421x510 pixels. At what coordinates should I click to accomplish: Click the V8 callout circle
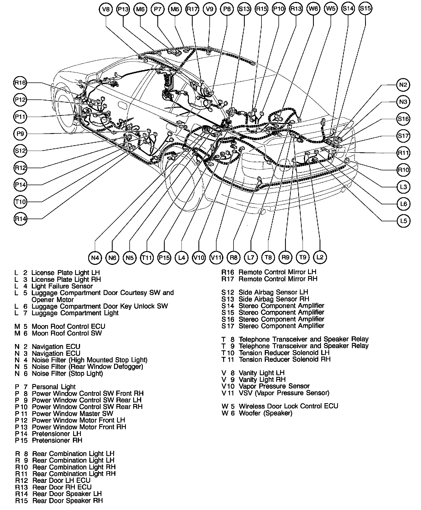[106, 9]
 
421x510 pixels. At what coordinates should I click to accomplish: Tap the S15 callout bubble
[365, 9]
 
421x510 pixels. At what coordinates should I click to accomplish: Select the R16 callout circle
[20, 83]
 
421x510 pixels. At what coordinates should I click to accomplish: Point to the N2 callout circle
[403, 85]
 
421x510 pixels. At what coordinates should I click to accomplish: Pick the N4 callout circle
[95, 258]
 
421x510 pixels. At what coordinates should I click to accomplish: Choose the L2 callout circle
[320, 257]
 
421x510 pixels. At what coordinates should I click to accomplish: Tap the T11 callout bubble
[147, 258]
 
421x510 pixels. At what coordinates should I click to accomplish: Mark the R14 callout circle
[20, 219]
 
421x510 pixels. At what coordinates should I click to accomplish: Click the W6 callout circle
[313, 9]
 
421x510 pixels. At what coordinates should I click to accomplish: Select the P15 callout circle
[164, 258]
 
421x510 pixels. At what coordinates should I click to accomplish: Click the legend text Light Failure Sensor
[62, 286]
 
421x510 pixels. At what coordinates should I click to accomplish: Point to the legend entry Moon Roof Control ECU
[68, 326]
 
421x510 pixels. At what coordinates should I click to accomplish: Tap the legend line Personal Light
[53, 387]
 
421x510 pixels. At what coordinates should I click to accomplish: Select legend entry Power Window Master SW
[72, 414]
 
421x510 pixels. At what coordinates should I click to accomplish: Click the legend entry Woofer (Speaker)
[265, 413]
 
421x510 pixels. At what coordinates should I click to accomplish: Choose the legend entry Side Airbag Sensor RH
[274, 299]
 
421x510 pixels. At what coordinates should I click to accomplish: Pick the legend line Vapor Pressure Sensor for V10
[274, 386]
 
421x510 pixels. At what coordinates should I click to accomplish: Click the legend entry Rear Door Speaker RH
[67, 501]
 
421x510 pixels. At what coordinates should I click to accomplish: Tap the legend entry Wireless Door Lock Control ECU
[288, 406]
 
